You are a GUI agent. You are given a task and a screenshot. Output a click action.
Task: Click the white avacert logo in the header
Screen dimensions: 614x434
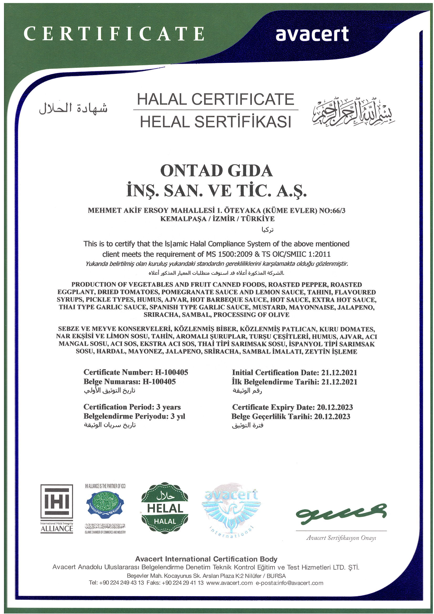[312, 34]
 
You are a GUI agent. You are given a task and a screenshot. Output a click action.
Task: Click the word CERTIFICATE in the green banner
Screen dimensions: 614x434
[114, 34]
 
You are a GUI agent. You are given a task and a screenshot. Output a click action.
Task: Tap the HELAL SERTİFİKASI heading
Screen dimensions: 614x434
[215, 122]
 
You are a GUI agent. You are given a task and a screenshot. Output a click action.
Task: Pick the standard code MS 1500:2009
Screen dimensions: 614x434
[229, 254]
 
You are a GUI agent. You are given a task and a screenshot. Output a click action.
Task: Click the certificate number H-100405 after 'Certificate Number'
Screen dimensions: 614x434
[171, 372]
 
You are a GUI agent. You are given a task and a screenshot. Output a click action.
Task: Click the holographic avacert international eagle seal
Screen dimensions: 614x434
[231, 508]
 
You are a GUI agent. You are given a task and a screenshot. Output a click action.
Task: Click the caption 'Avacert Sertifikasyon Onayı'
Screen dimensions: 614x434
[341, 538]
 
